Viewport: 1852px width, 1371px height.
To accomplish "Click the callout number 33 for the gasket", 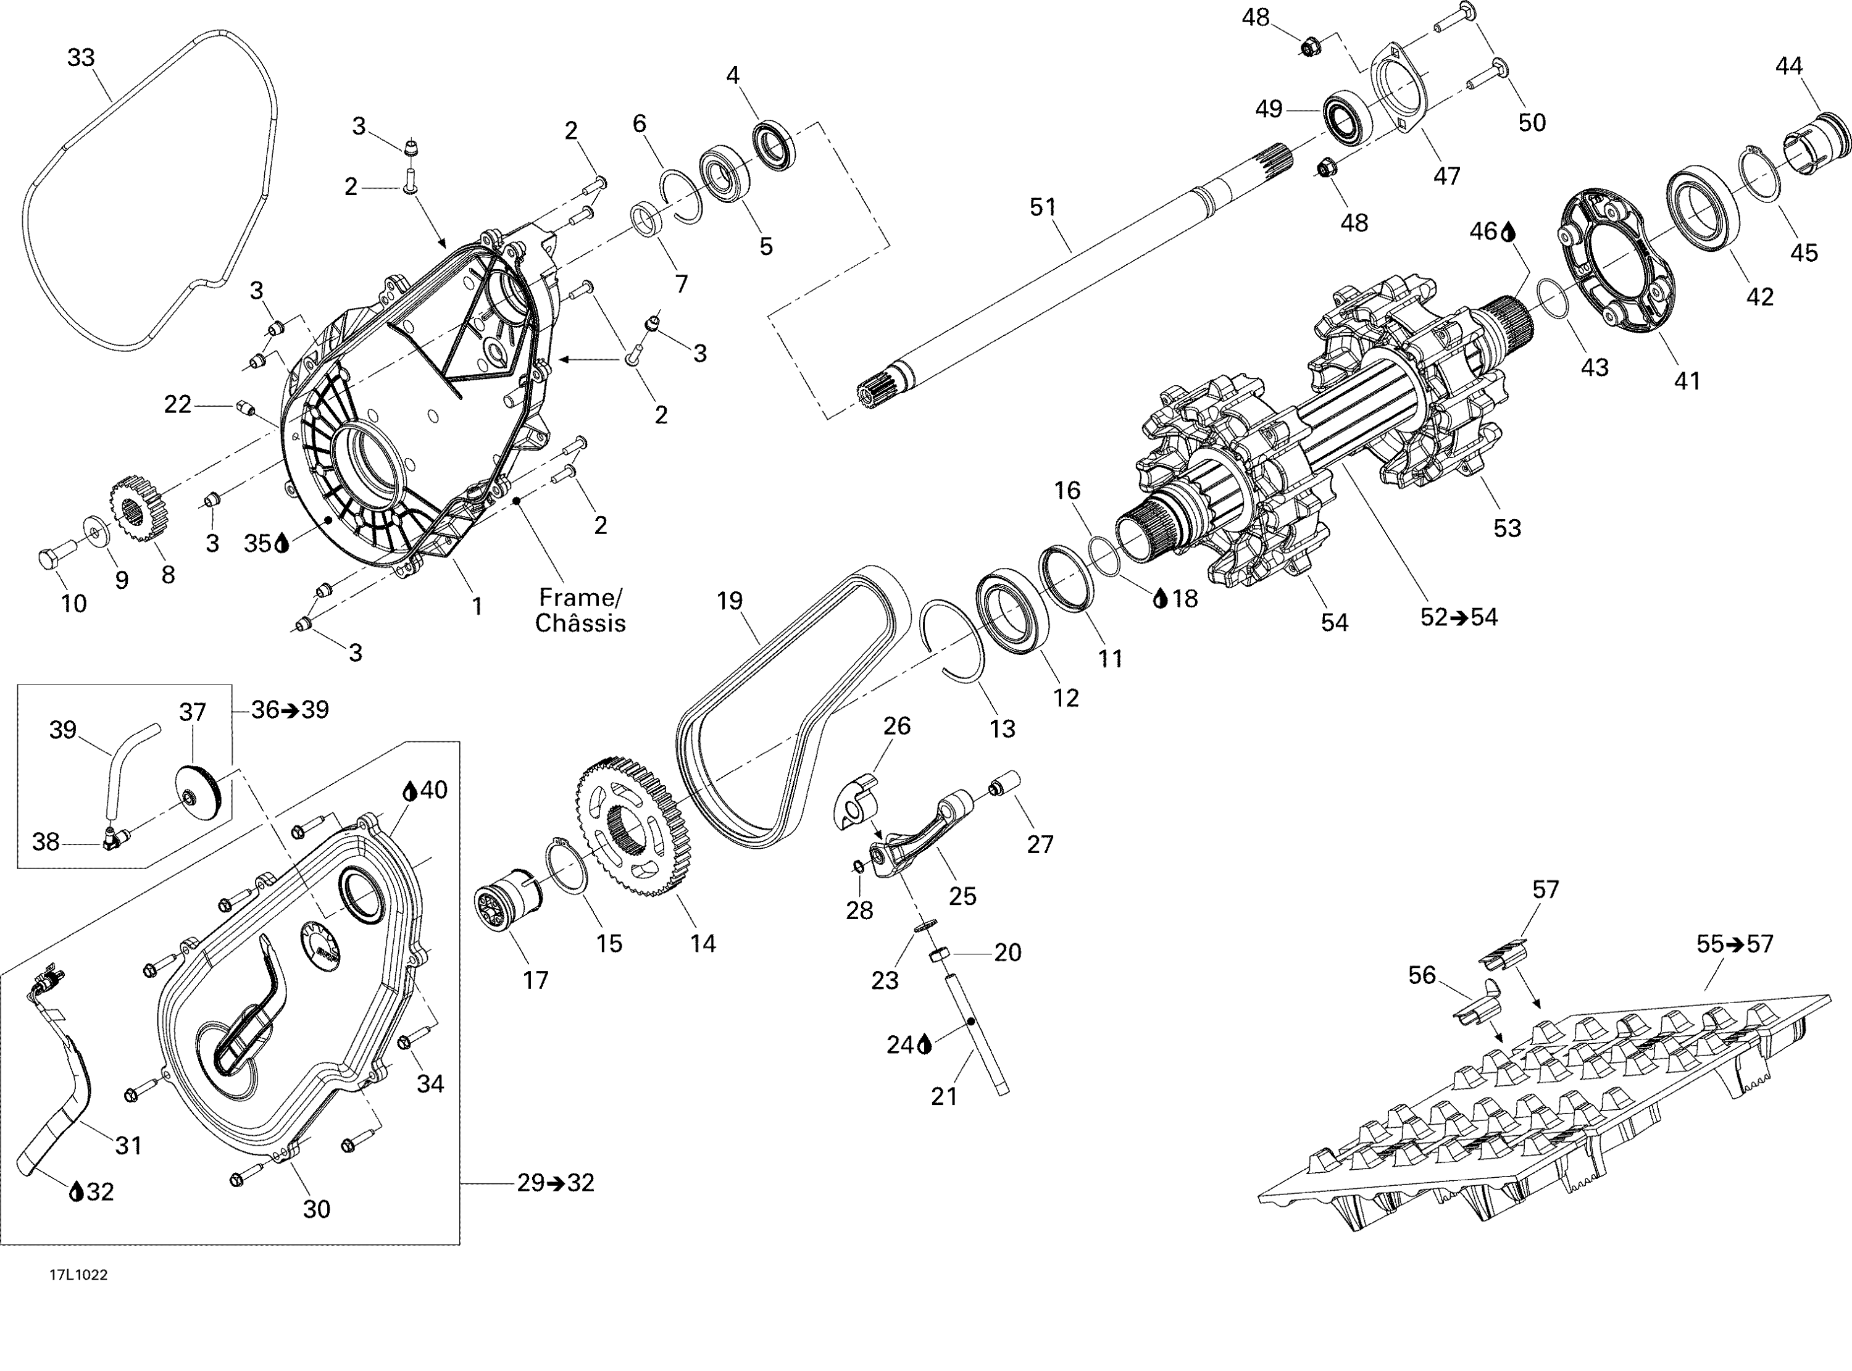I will (80, 58).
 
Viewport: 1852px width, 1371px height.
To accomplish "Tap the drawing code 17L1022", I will (78, 1275).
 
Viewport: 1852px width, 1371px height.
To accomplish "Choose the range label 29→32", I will (555, 1183).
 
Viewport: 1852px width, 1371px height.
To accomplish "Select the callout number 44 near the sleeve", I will (1789, 65).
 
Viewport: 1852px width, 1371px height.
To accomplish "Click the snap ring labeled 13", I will (954, 639).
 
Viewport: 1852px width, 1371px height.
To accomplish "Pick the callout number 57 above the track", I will (1545, 890).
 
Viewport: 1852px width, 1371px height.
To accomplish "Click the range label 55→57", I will (1734, 944).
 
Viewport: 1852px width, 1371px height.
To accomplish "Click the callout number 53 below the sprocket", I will (1507, 528).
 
